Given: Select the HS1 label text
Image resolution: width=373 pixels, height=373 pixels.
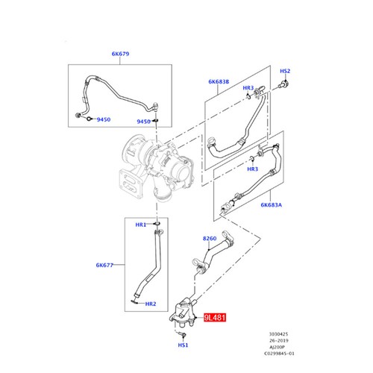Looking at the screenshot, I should click(183, 346).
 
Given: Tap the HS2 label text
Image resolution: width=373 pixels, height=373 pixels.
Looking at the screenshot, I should click(284, 71).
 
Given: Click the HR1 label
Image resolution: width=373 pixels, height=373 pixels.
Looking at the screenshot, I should click(140, 225).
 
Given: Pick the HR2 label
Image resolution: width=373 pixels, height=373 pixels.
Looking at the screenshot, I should click(150, 304).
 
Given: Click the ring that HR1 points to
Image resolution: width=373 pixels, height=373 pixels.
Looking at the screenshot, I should click(157, 225).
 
